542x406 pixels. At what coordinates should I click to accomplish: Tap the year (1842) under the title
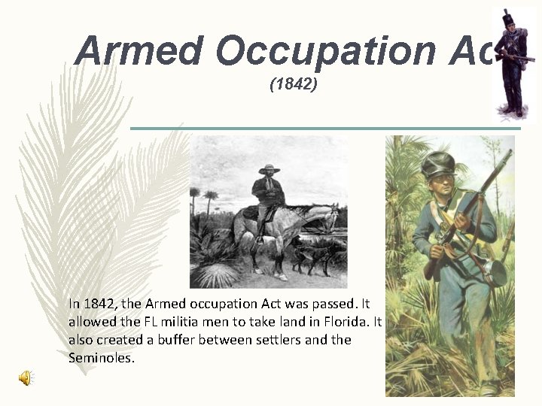point(294,85)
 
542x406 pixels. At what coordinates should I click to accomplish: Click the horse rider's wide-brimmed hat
point(269,169)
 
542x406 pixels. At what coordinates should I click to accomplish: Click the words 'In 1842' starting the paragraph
point(90,304)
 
